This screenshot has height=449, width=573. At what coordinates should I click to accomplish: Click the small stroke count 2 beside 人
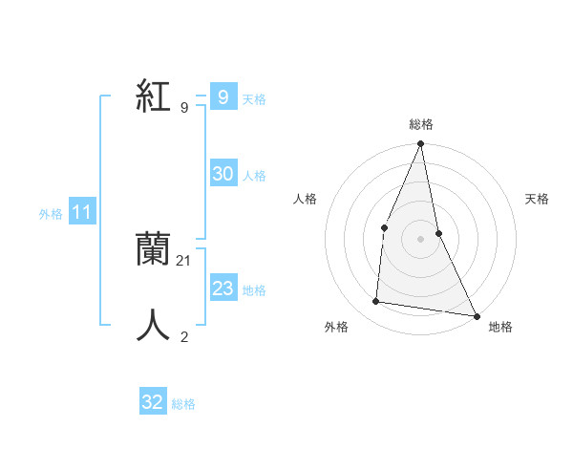184,336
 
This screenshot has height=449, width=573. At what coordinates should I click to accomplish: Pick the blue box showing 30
223,174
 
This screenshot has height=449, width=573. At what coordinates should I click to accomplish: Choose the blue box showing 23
223,289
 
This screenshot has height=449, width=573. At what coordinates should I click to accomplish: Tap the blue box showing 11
82,213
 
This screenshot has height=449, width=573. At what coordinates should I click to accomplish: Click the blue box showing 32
153,402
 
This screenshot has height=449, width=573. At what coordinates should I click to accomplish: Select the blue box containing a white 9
223,97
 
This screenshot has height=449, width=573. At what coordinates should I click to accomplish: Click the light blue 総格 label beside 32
183,404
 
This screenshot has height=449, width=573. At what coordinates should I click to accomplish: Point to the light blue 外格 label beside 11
51,215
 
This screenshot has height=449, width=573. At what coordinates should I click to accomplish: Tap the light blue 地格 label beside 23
254,290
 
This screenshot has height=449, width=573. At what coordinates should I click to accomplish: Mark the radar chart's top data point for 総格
420,144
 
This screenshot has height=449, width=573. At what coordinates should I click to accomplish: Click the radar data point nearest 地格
476,315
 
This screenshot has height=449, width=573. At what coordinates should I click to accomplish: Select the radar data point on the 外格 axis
376,302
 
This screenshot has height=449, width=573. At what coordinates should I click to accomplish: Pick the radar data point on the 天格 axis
438,233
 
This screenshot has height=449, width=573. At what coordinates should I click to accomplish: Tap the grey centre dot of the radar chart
420,239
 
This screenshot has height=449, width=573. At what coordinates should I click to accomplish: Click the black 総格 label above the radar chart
420,124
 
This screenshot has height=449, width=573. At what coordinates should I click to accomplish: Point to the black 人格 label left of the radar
305,199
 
